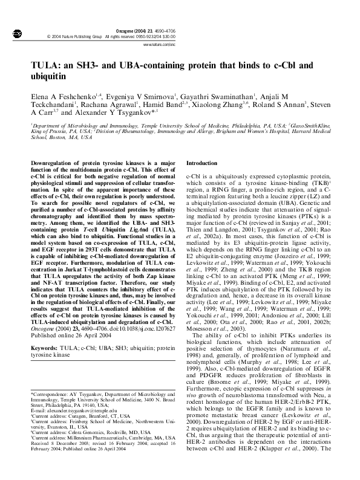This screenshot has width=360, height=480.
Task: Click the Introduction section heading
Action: pyautogui.click(x=201, y=163)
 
